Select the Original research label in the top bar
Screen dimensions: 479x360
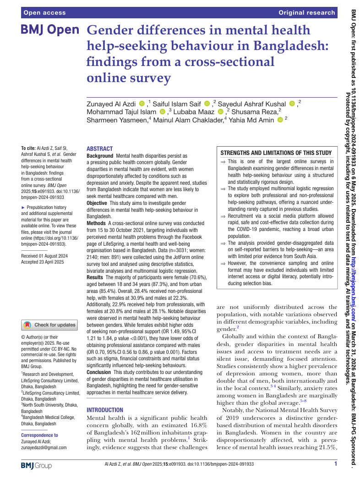(x=307, y=13)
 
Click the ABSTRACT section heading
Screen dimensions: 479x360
(x=99, y=149)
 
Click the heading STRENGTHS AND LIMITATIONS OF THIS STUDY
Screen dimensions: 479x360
(x=276, y=153)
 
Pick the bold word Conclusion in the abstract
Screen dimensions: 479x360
(x=99, y=373)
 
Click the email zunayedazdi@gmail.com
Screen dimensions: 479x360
(x=44, y=447)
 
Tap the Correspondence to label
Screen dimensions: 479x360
(x=40, y=435)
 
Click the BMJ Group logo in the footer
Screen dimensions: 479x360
(x=37, y=465)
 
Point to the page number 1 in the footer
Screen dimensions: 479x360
(x=336, y=464)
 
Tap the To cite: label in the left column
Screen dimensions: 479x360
(x=29, y=148)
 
